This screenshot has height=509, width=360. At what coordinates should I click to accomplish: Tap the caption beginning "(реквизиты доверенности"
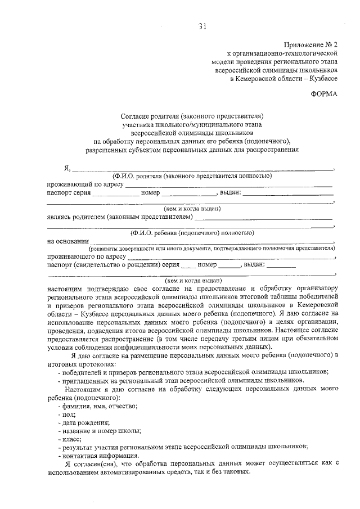[x=211, y=248]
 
